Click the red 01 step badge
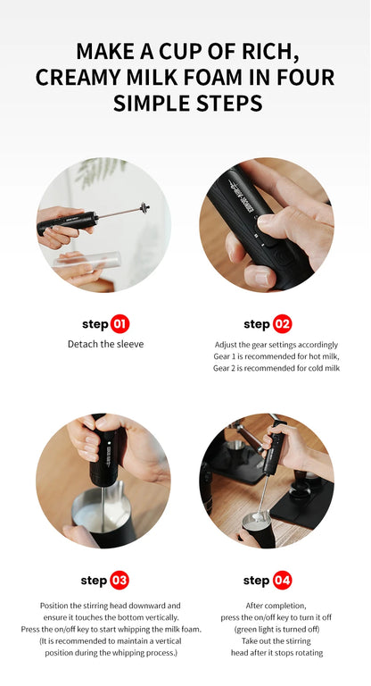tap(120, 324)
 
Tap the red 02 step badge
tap(282, 324)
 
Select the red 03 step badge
tap(119, 581)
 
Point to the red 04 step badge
tap(282, 581)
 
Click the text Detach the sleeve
tap(104, 345)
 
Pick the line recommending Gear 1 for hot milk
tap(276, 356)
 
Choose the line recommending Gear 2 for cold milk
tap(276, 368)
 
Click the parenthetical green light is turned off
tap(266, 628)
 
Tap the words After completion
tap(266, 605)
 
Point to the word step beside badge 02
tap(257, 324)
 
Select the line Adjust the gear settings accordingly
tap(276, 345)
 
